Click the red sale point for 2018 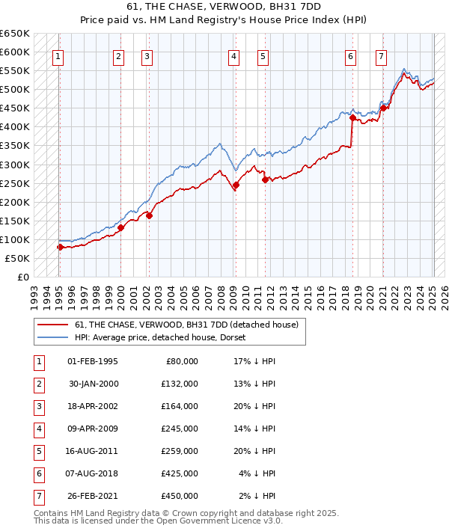[352, 117]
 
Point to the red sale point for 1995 [59, 247]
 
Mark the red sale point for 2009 [236, 185]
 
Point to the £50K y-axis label [17, 258]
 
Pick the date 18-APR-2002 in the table [93, 408]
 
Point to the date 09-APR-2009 [93, 430]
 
